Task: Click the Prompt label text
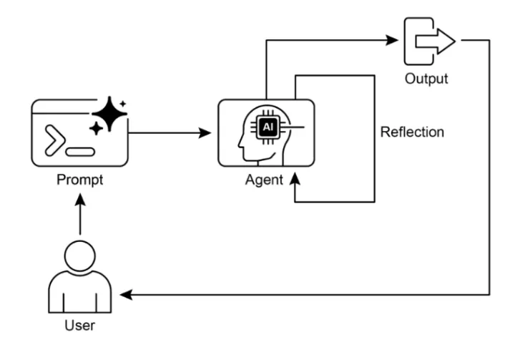coord(80,180)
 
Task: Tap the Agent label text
coord(264,180)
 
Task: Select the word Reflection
coord(412,132)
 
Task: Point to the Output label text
coord(426,79)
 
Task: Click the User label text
coord(80,326)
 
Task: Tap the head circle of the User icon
coord(80,256)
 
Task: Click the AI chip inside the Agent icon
coord(268,127)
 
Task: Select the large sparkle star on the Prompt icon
coord(109,114)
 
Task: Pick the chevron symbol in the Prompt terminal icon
coord(55,140)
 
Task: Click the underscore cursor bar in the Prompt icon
coord(80,152)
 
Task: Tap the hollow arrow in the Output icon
coord(435,42)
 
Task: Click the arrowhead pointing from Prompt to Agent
coord(205,133)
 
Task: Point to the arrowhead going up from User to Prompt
coord(80,200)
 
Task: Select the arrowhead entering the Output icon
coord(392,40)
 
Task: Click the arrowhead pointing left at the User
coord(126,295)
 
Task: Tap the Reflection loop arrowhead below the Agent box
coord(295,179)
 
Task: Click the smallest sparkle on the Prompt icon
coord(123,104)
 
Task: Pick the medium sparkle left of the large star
coord(96,129)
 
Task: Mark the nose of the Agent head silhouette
coord(240,145)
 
